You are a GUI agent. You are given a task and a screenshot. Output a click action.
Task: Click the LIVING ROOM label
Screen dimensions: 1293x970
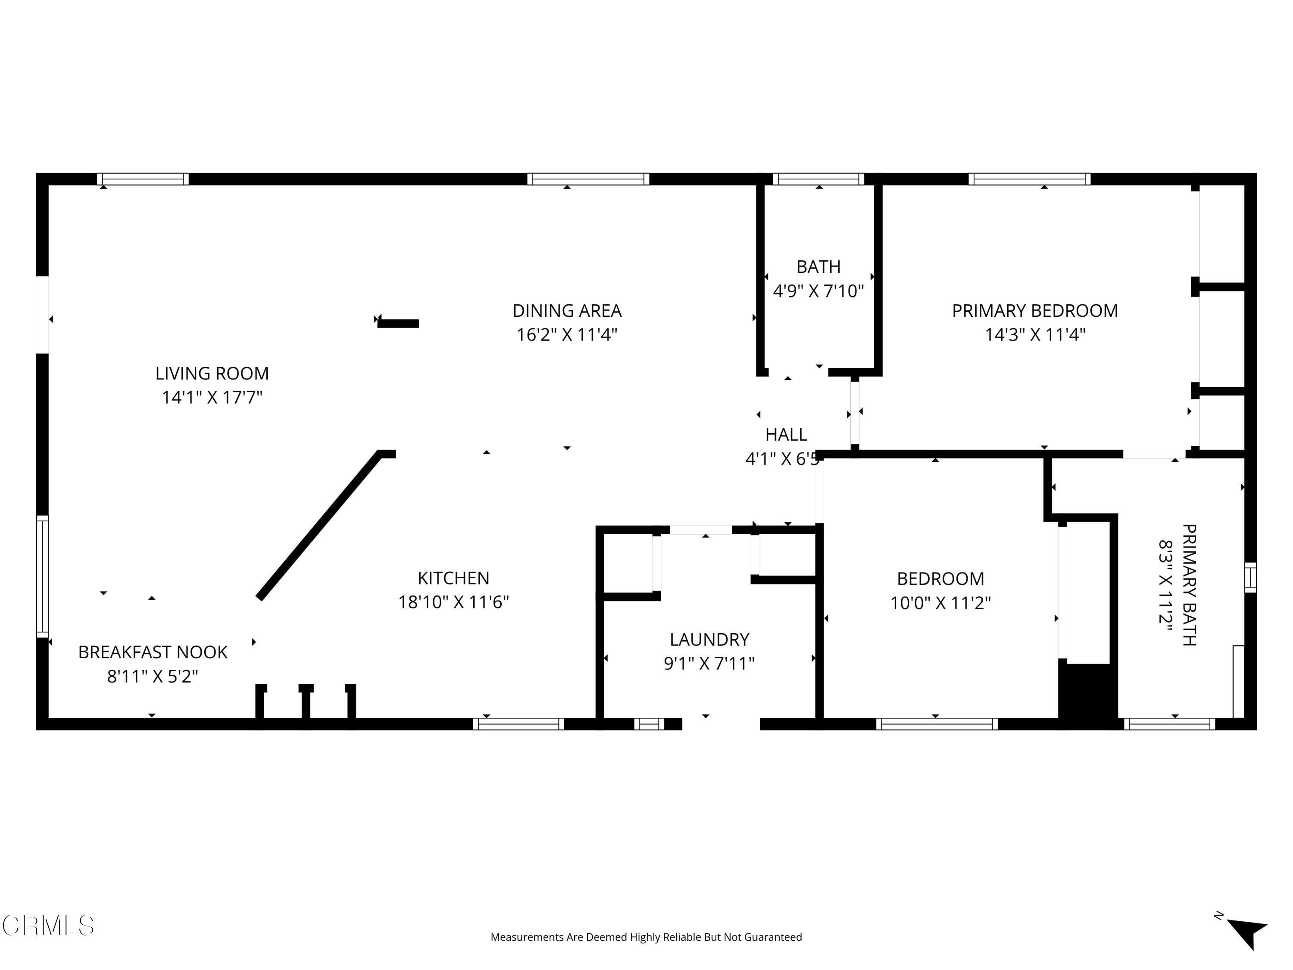(x=212, y=373)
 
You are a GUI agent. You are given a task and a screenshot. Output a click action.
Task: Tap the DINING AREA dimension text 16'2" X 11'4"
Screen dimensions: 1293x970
(x=567, y=335)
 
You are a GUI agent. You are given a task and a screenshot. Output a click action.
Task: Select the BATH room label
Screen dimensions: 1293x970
(x=818, y=266)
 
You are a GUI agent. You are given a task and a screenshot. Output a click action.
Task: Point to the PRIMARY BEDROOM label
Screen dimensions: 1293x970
(x=1035, y=310)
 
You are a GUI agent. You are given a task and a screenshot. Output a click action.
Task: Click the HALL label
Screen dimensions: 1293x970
(x=786, y=435)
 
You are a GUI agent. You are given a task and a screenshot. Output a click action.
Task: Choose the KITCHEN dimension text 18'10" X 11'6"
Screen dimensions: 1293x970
(x=453, y=602)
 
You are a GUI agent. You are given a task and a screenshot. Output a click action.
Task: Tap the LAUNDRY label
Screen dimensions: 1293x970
(x=709, y=640)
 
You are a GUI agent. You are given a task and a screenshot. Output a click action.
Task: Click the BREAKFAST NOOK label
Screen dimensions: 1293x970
(x=153, y=652)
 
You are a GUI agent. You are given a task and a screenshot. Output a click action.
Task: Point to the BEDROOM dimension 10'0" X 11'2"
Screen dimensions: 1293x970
(x=940, y=603)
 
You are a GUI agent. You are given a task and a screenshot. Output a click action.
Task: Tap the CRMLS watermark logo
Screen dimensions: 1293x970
(x=48, y=926)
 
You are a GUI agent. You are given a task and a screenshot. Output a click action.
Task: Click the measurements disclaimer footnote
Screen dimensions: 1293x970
(x=646, y=937)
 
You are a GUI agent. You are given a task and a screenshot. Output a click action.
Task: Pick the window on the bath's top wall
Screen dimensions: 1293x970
(x=818, y=179)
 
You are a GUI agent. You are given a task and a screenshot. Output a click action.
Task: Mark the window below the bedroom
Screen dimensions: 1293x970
(x=937, y=724)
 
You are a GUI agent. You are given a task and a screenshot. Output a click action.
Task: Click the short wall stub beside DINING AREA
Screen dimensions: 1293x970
(x=398, y=323)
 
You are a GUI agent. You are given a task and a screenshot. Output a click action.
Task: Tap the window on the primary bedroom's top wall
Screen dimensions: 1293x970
(x=1029, y=179)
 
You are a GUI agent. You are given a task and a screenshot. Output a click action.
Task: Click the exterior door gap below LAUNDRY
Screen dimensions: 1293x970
(x=721, y=724)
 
